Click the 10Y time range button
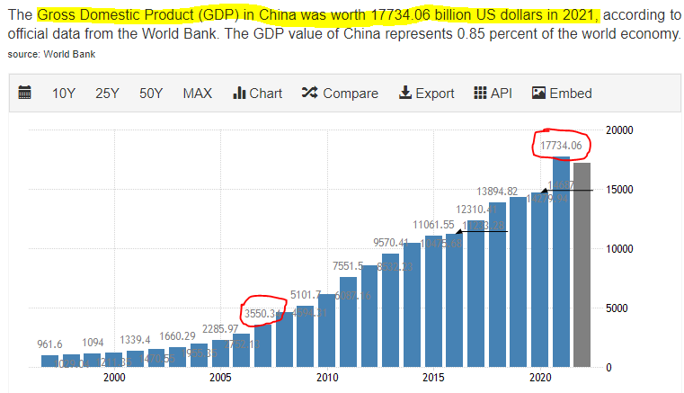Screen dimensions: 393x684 pos(63,94)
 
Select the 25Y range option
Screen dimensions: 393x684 pos(107,94)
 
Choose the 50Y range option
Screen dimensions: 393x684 pos(151,94)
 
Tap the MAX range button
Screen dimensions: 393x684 pos(198,94)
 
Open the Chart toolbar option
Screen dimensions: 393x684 pos(258,94)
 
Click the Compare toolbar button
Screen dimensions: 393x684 pos(340,94)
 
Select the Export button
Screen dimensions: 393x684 pos(427,94)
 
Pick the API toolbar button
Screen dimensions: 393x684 pos(493,94)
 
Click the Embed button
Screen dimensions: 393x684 pos(563,94)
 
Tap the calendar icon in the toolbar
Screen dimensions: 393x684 pos(25,94)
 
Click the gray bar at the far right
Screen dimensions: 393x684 pos(582,265)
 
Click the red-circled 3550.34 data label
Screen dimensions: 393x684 pos(263,313)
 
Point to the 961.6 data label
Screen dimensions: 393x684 pos(49,344)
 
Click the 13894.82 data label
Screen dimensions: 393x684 pos(497,192)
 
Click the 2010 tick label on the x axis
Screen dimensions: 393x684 pos(326,379)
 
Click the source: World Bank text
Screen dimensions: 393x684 pos(51,54)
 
